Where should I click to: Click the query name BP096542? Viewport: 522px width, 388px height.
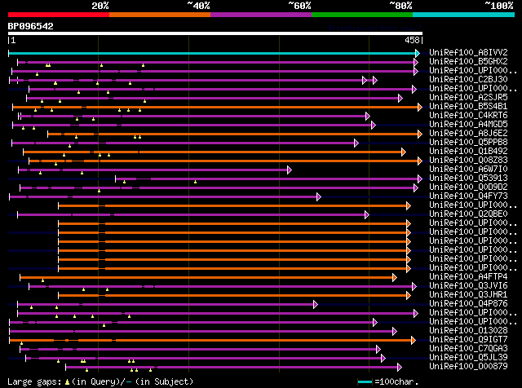coord(31,26)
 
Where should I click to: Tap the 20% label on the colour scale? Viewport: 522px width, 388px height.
coord(100,6)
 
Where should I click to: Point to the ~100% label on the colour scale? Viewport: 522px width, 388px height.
coord(498,6)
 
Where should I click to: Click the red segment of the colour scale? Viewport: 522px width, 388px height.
coord(58,14)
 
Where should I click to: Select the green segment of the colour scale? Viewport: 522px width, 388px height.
coord(361,14)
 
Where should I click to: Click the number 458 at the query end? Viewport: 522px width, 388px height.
coord(412,39)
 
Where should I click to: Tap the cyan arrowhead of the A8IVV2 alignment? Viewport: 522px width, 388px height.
coord(417,53)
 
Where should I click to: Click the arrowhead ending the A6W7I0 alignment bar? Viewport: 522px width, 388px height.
coord(289,170)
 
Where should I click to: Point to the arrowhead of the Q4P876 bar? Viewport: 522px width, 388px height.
coord(315,304)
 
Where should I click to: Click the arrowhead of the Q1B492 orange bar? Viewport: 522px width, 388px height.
coord(403,152)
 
